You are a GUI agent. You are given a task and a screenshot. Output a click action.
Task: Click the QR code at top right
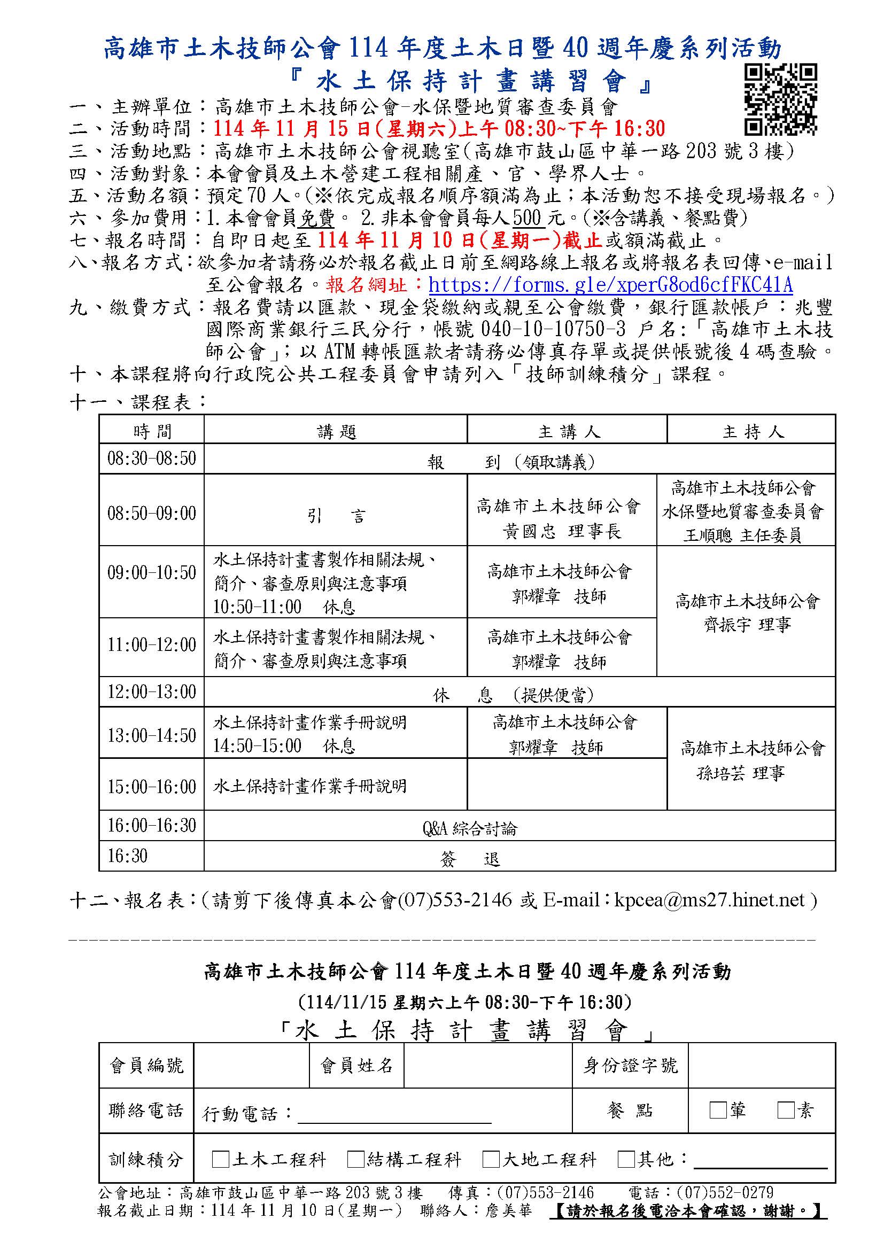(x=780, y=99)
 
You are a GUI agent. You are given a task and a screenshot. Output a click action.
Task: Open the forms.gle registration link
(x=610, y=285)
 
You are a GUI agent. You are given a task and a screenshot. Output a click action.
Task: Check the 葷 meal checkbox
(x=718, y=1110)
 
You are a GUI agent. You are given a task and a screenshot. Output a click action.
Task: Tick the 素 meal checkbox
(x=786, y=1110)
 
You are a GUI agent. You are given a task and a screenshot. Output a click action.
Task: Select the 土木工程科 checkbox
(x=220, y=1159)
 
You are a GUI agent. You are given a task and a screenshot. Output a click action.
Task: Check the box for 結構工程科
(x=355, y=1159)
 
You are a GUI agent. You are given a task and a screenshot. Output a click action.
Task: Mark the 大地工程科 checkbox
(x=491, y=1159)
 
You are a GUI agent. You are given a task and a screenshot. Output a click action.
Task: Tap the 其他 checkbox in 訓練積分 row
(x=626, y=1159)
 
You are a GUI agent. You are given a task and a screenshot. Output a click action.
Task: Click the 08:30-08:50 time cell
(x=151, y=459)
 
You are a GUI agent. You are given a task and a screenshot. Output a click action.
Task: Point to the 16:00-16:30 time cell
(x=151, y=825)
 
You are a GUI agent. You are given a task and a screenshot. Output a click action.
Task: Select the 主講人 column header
(x=568, y=432)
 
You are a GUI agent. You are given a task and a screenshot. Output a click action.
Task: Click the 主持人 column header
(x=753, y=432)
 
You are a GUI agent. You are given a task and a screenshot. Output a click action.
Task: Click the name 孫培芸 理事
(x=740, y=773)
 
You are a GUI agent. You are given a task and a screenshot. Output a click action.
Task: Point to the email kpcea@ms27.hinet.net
(x=709, y=900)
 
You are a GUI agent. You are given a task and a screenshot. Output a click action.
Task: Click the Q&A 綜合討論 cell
(x=469, y=829)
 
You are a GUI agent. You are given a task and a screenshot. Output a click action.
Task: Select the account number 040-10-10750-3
(x=550, y=330)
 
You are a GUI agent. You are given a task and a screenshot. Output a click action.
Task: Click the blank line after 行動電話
(x=394, y=1114)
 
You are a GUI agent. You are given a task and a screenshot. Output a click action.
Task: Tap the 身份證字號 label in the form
(x=630, y=1065)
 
